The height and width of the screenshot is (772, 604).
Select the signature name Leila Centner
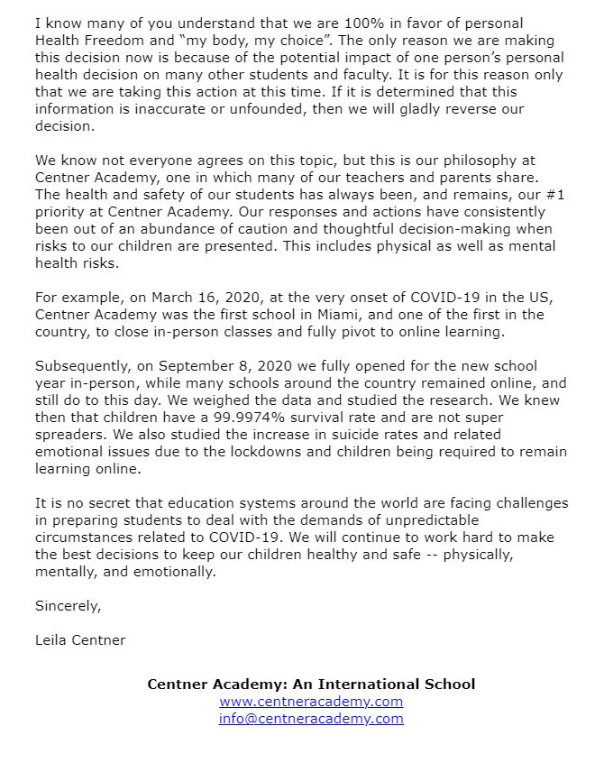pos(80,640)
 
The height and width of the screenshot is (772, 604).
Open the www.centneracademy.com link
pos(311,702)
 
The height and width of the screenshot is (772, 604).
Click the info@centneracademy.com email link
pos(311,719)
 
